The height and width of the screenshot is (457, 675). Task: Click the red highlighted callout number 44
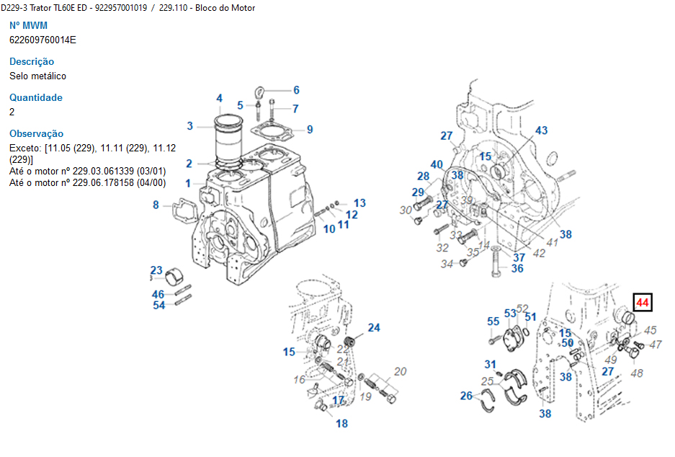(x=642, y=303)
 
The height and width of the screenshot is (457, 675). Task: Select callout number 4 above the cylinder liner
(x=219, y=99)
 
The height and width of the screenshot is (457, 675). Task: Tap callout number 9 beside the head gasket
(x=310, y=130)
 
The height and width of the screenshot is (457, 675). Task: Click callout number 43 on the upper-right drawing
(x=541, y=130)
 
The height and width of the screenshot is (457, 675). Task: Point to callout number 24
(x=374, y=328)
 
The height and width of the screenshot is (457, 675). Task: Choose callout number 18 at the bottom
(x=342, y=423)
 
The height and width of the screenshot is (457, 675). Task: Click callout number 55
(x=493, y=321)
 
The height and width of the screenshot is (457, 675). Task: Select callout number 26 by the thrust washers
(x=467, y=396)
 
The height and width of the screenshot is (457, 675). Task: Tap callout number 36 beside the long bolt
(x=517, y=269)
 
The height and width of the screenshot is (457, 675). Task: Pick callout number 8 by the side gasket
(x=156, y=205)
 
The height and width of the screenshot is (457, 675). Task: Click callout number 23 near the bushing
(x=156, y=271)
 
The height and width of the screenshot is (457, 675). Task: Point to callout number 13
(x=359, y=203)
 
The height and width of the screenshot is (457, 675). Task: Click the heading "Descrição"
(x=32, y=62)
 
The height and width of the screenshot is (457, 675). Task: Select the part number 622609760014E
(x=43, y=40)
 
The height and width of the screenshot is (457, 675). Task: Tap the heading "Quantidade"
(x=36, y=98)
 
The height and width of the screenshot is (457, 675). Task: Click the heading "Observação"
(x=36, y=134)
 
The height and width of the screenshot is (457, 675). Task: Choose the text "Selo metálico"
(x=37, y=76)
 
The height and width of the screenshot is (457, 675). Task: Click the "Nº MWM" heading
(x=28, y=26)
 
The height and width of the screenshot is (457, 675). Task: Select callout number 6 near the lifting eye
(x=295, y=90)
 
